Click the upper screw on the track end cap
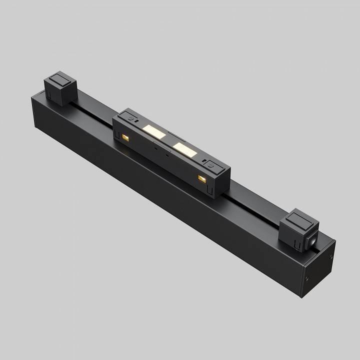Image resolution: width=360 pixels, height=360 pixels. click(x=331, y=256)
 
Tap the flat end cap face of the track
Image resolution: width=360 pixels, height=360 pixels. click(x=319, y=270)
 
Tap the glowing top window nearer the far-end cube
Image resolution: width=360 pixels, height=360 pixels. click(x=154, y=131)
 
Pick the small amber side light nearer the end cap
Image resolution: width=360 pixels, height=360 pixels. click(x=201, y=178)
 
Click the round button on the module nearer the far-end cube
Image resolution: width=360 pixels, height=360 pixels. click(x=131, y=119)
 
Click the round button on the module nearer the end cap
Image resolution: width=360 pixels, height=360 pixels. click(x=211, y=163)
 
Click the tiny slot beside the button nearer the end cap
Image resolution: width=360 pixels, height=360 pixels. click(x=205, y=160)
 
